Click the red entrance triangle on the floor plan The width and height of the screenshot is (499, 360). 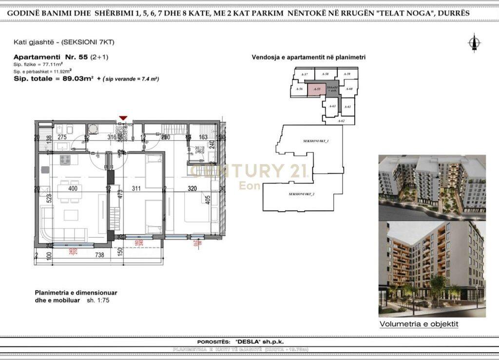coord(123,118)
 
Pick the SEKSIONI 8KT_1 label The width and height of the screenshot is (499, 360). coord(315,141)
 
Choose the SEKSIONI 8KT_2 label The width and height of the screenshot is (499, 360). coord(301,194)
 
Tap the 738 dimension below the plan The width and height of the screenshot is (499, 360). coord(99,255)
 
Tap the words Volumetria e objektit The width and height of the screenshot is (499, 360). coord(419,324)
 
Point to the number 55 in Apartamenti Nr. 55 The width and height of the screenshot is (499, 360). coord(82,57)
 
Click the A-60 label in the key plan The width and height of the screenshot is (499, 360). coord(349,89)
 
